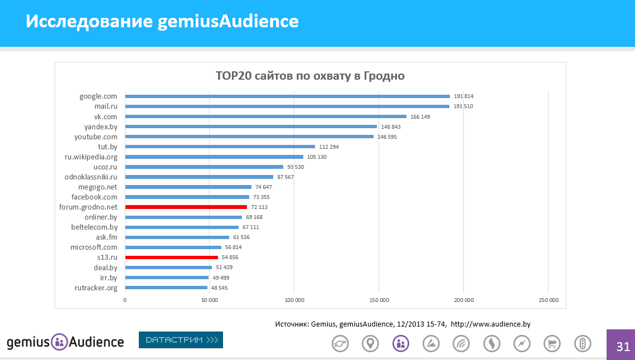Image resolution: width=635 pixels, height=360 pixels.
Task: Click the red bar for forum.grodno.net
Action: point(186,207)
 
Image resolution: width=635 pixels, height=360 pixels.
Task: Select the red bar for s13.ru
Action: point(171,257)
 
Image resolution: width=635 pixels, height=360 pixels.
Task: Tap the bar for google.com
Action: point(287,96)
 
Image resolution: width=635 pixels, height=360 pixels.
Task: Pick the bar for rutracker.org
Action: point(166,288)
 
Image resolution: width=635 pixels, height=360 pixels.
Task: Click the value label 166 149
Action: point(421,116)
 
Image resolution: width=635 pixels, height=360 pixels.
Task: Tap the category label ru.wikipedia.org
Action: point(91,157)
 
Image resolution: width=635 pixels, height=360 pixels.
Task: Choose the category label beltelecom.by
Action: point(94,227)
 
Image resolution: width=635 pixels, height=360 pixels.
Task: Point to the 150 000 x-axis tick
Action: point(379,300)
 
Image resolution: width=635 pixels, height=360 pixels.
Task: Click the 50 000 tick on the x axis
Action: point(209,300)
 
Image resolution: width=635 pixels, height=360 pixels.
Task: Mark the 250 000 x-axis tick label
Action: point(548,300)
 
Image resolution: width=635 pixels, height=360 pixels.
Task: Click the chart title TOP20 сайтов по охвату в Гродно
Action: point(310,76)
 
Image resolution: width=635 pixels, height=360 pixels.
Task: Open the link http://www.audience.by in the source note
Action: point(494,324)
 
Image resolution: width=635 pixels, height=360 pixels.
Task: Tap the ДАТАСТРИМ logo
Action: point(181,339)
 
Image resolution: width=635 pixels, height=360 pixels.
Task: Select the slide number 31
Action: point(623,347)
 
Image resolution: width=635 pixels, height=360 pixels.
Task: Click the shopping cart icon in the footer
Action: point(551,344)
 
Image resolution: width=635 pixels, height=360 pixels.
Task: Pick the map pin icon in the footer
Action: point(370,344)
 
